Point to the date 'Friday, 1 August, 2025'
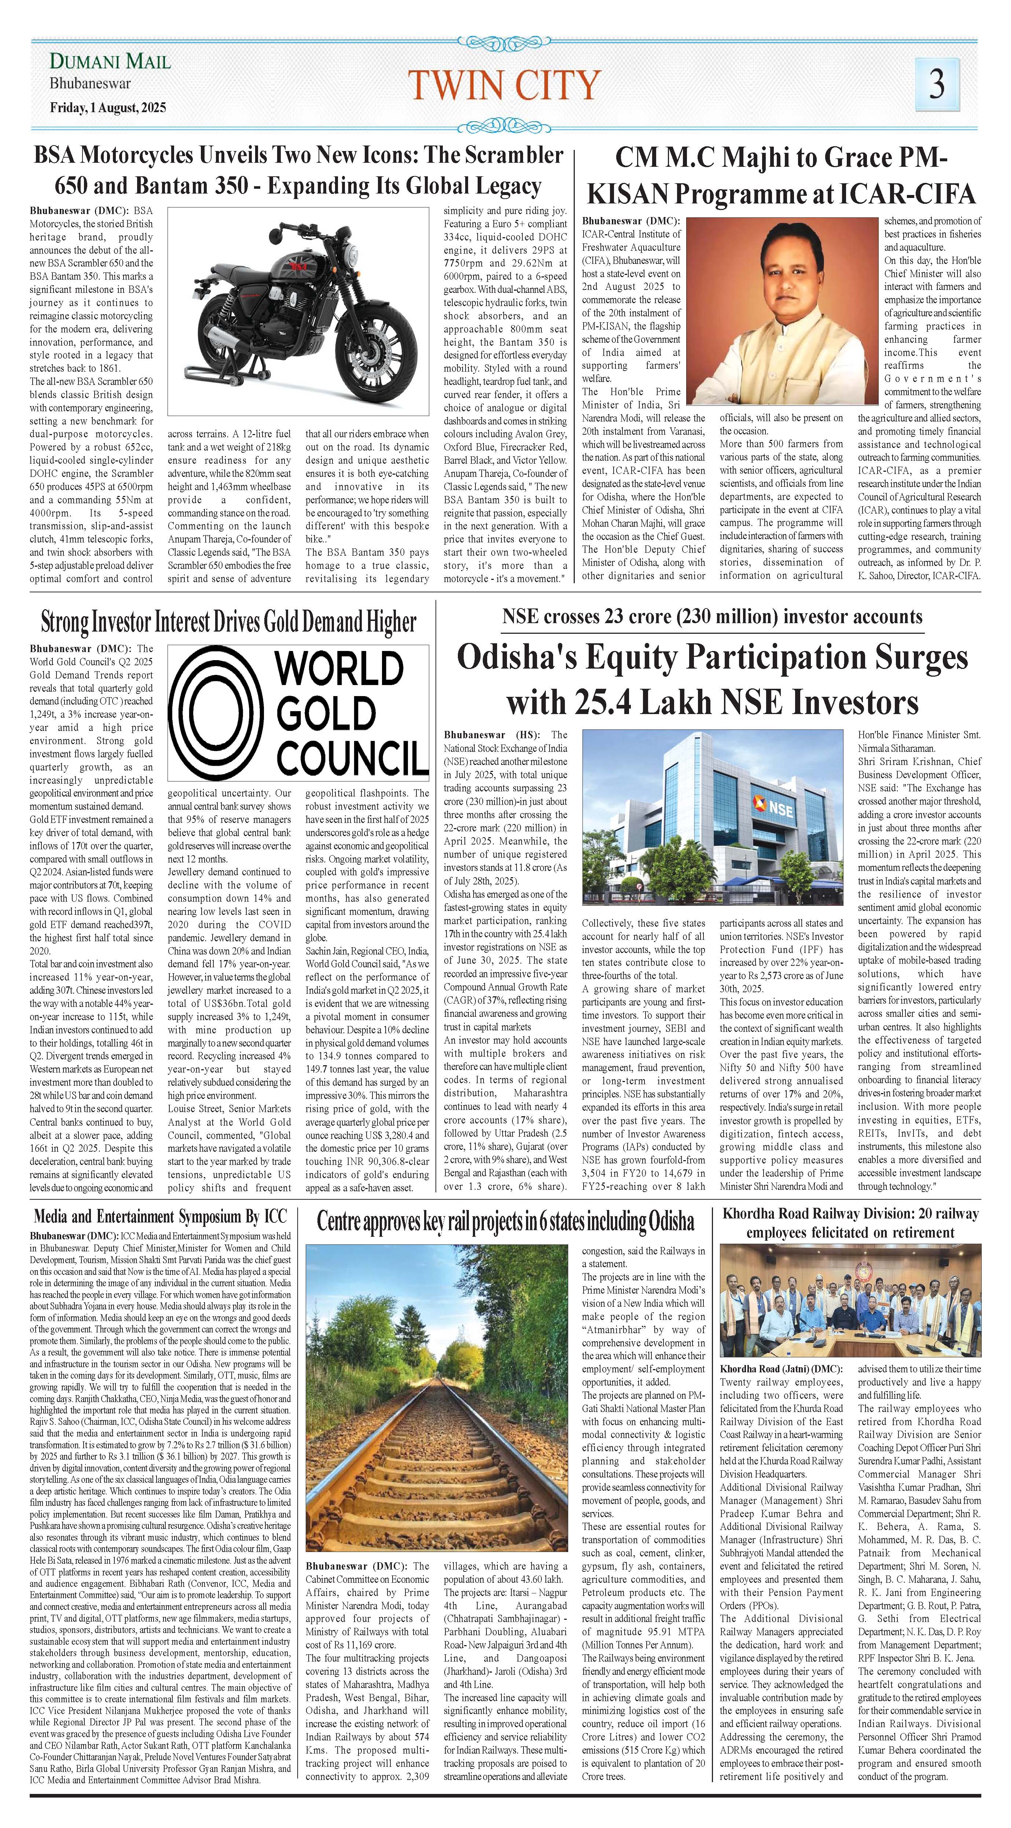(x=108, y=108)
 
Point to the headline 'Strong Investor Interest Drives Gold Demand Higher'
(x=228, y=622)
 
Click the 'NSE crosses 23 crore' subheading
(x=712, y=616)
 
